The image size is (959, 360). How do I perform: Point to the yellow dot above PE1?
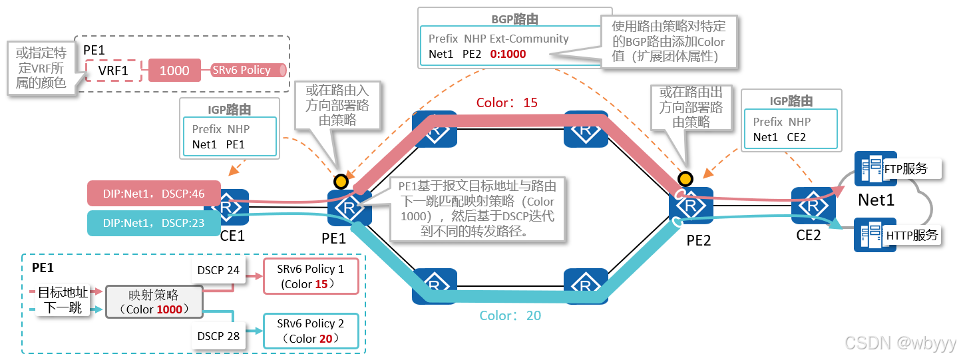pyautogui.click(x=341, y=180)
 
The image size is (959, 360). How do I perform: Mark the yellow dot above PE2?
pyautogui.click(x=685, y=178)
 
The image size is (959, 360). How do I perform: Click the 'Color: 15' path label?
pyautogui.click(x=506, y=103)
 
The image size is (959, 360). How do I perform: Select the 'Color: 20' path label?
pyautogui.click(x=510, y=315)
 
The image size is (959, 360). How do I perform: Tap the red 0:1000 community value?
pyautogui.click(x=508, y=54)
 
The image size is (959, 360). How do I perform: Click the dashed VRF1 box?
pyautogui.click(x=114, y=70)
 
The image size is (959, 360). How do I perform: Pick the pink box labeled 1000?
pyautogui.click(x=175, y=70)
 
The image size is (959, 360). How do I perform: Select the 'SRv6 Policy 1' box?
pyautogui.click(x=311, y=276)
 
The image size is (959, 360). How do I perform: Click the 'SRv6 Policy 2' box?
pyautogui.click(x=311, y=331)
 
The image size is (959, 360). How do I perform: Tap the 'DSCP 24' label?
pyautogui.click(x=218, y=270)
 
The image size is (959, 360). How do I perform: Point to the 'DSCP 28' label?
pyautogui.click(x=218, y=336)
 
